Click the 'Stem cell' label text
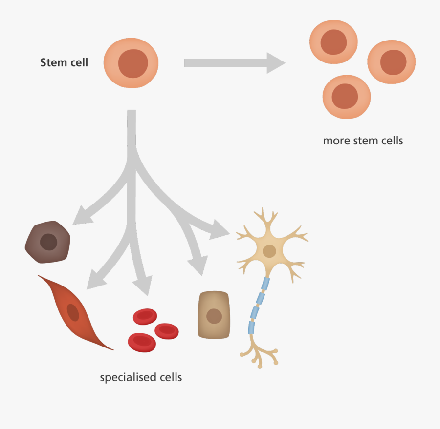(x=64, y=63)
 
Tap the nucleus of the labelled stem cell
(x=132, y=63)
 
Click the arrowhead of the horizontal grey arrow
(x=275, y=63)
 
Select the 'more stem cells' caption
(x=363, y=141)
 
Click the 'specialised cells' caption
(x=141, y=377)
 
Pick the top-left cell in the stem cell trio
(x=334, y=42)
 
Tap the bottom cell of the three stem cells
(x=346, y=96)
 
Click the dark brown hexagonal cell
(x=48, y=242)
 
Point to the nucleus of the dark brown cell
(x=48, y=242)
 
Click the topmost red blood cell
(x=145, y=317)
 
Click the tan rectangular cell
(x=214, y=315)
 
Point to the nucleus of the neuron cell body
(x=269, y=251)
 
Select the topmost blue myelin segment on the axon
(x=265, y=284)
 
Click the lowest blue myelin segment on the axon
(x=251, y=327)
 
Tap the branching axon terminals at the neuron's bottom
(x=259, y=354)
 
